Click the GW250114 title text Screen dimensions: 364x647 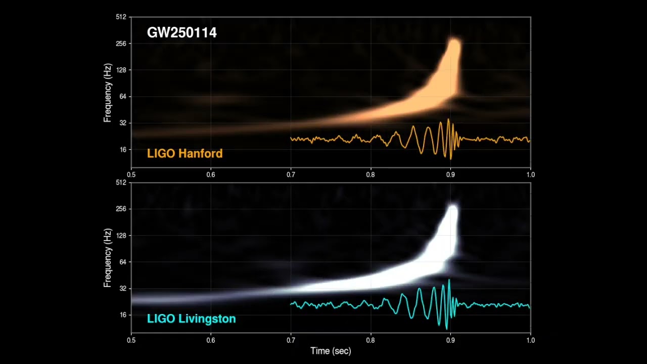coord(181,33)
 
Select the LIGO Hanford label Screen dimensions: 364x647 coord(184,153)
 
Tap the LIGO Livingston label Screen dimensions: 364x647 coord(191,318)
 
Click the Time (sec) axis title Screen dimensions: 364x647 coord(331,351)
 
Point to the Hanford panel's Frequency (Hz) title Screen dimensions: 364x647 coord(107,93)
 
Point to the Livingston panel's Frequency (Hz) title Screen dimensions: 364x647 coord(107,258)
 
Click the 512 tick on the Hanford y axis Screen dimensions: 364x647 coord(121,17)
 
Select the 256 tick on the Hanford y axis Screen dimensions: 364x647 coord(121,44)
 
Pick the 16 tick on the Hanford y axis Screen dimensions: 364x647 coord(122,150)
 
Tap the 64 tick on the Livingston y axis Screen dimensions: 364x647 coord(122,262)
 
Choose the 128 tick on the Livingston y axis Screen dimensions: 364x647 coord(121,236)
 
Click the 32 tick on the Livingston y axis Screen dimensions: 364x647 coord(122,289)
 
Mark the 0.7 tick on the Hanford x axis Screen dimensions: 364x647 coord(291,174)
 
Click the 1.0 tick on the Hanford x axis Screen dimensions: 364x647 coord(530,174)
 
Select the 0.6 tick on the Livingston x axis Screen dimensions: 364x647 coord(211,340)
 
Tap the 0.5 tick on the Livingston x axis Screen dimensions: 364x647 coord(131,340)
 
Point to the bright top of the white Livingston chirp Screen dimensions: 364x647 coord(452,210)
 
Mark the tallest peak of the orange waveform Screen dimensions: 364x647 coord(448,120)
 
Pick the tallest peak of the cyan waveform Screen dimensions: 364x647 coord(449,280)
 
